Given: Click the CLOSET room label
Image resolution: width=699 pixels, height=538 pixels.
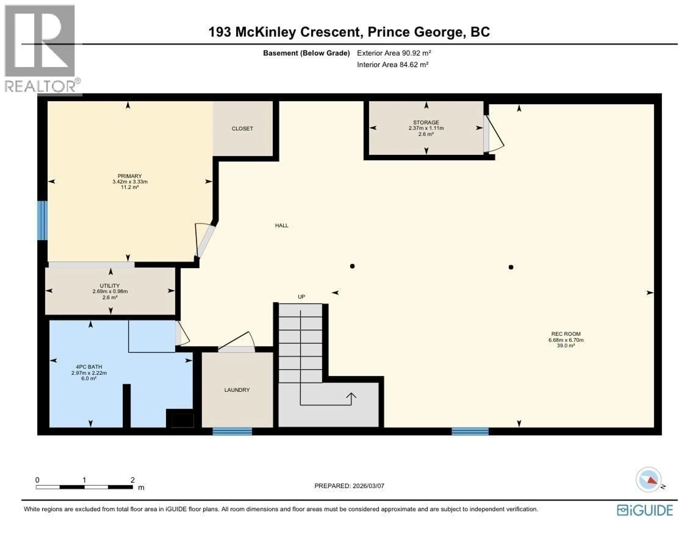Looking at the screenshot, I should (x=242, y=129).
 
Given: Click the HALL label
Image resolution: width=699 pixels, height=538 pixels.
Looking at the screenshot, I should (x=282, y=225).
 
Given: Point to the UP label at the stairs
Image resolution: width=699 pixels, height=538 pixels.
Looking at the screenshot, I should (x=301, y=297).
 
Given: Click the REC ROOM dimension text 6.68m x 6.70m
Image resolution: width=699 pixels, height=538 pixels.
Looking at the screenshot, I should (x=566, y=340).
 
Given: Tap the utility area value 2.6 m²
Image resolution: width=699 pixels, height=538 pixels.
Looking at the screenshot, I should (x=110, y=297).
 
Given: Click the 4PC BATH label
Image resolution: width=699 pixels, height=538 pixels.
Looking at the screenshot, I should (x=89, y=367).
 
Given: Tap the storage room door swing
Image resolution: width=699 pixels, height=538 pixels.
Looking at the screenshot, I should (x=494, y=134).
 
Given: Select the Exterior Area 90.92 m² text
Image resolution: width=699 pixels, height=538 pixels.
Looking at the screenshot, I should (x=394, y=53).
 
